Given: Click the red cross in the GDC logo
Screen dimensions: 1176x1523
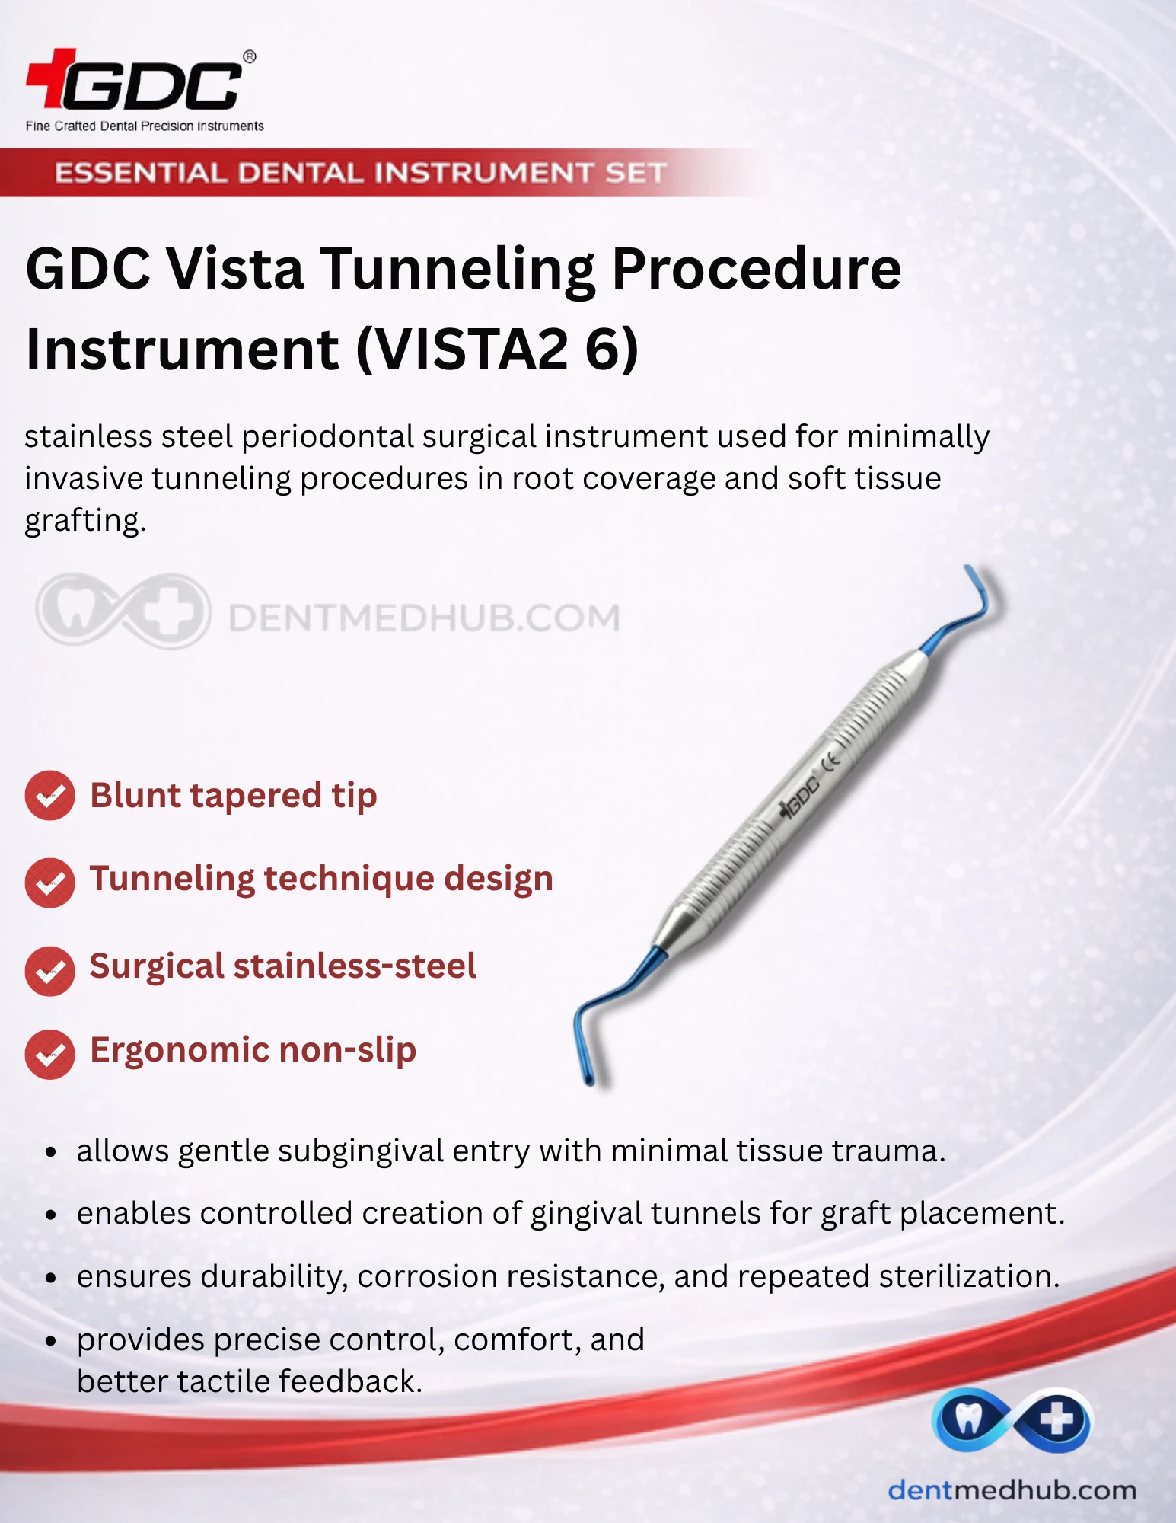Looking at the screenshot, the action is [x=52, y=78].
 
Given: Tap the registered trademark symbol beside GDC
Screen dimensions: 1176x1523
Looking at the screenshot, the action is [x=249, y=57].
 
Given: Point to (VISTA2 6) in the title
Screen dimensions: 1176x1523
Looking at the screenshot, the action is [x=498, y=350].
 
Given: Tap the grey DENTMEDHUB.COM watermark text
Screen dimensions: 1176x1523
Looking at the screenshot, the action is [x=424, y=618].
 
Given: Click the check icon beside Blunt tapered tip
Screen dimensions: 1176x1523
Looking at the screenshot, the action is [x=49, y=796].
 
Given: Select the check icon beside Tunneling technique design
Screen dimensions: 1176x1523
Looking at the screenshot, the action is [x=49, y=883].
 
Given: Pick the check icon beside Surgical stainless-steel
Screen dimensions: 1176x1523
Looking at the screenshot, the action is [x=49, y=971].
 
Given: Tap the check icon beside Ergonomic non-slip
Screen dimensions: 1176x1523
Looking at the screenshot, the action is [x=49, y=1055].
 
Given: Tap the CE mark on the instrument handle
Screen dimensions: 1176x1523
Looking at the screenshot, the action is [x=830, y=759].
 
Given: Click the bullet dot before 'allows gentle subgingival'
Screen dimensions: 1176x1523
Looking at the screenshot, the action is [x=51, y=1152].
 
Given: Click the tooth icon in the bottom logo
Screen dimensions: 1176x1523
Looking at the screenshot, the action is [x=967, y=1419].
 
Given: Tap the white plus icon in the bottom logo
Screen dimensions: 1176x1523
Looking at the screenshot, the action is [x=1056, y=1419].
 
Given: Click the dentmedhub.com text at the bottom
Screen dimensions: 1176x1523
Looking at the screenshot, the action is [x=1012, y=1490].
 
